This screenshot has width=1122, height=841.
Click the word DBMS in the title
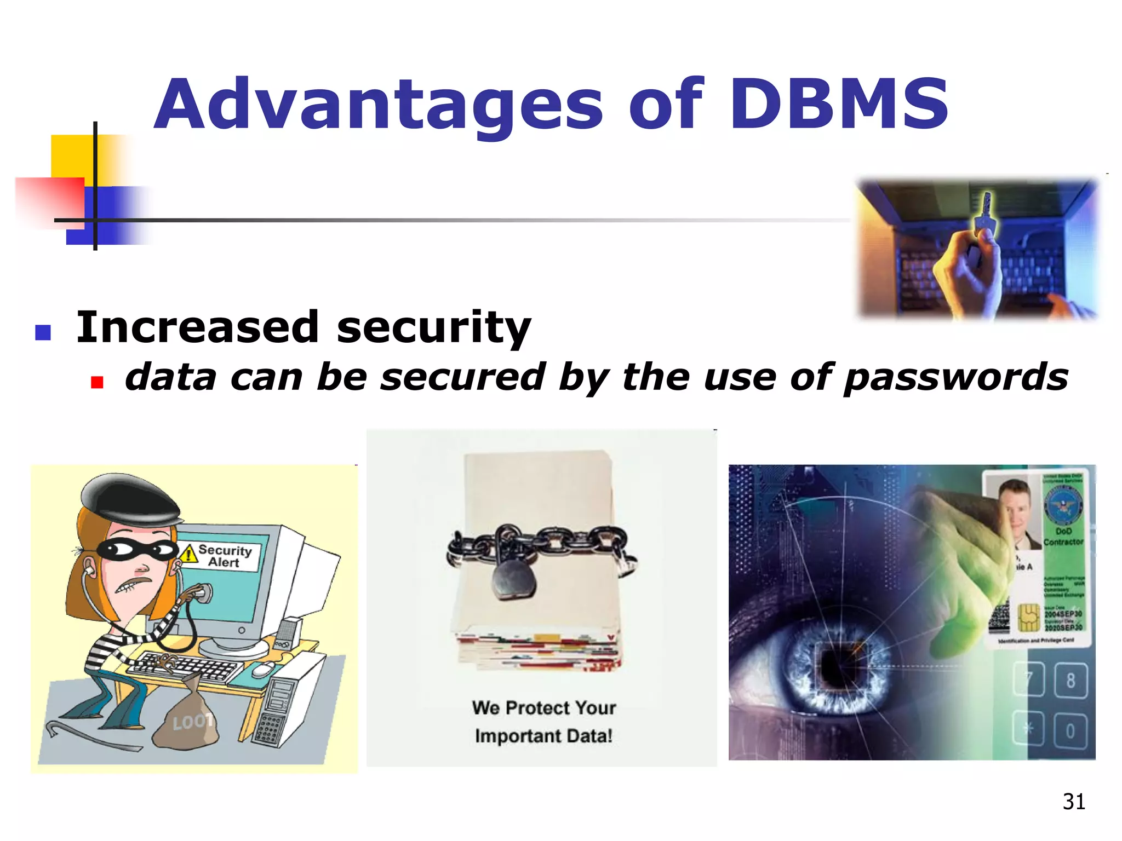[839, 104]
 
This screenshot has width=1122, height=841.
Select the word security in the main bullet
[433, 327]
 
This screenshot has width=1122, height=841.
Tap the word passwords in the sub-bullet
[955, 378]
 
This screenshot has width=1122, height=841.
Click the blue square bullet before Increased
[43, 332]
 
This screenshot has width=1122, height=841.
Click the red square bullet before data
[97, 382]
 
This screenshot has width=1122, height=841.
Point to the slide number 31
[1073, 802]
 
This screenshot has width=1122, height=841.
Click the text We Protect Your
[543, 707]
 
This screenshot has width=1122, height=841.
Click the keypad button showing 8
[1070, 681]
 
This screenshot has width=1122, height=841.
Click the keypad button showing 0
[1070, 731]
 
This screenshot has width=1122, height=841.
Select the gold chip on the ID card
[1028, 617]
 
